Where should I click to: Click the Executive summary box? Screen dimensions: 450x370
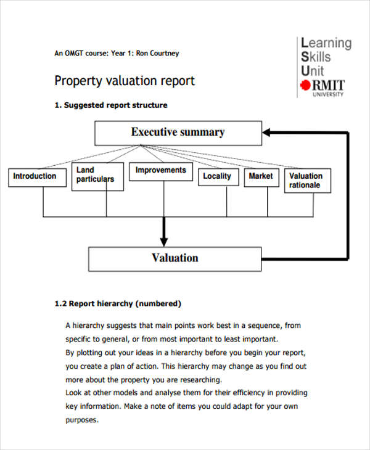[178, 133]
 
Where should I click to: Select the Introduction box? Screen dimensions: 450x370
[35, 176]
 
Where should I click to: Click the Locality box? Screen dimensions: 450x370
[217, 176]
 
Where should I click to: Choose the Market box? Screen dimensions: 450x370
[260, 176]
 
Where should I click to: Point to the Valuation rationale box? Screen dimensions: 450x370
[306, 181]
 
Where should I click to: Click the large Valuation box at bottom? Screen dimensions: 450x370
[175, 258]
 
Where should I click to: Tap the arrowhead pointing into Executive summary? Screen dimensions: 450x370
[268, 132]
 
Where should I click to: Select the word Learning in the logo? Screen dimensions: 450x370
[326, 43]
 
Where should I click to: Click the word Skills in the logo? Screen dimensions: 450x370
[316, 57]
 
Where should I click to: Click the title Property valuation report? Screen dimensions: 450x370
[125, 81]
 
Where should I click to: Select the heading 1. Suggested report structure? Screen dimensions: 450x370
[111, 105]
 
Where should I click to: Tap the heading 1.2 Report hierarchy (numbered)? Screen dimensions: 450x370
[118, 303]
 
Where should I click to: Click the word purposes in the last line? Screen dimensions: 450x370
[81, 420]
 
